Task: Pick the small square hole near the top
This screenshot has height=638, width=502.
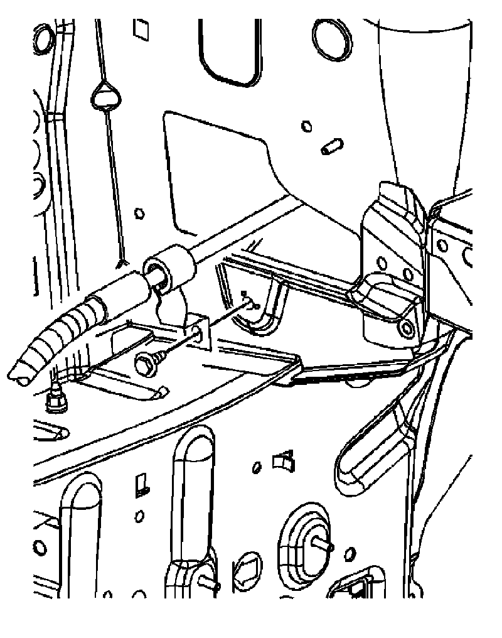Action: tap(139, 28)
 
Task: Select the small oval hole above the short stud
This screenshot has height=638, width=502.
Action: tap(307, 126)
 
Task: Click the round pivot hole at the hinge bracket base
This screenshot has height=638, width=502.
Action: tap(409, 328)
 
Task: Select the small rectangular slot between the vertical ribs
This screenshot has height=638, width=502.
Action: tap(141, 484)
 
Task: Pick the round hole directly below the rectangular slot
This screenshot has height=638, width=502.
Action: tap(139, 516)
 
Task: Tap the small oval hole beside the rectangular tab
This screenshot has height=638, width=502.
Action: tap(256, 468)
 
